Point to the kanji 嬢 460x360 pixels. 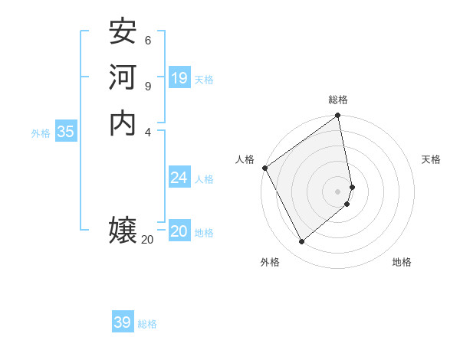(123, 230)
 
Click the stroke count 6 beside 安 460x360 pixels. (147, 40)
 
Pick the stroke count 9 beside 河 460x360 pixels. (147, 85)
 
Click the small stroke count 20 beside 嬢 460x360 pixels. (147, 240)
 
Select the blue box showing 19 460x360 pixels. (179, 78)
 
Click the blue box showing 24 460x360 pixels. (179, 178)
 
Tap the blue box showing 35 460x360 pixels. (65, 132)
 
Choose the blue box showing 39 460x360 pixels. (123, 322)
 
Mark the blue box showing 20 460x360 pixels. (179, 232)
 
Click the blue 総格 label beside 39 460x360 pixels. (147, 324)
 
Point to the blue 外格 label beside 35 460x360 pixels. (41, 133)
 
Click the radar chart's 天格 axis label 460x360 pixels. (431, 159)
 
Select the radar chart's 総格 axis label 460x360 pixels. (338, 100)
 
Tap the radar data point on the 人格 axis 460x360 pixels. (264, 168)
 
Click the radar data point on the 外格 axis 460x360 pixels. (301, 242)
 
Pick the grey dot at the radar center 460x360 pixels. (338, 191)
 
